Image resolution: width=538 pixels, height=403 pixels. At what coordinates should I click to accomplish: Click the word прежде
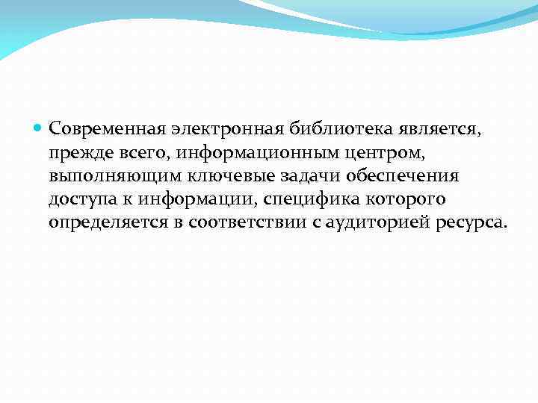coord(78,154)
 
